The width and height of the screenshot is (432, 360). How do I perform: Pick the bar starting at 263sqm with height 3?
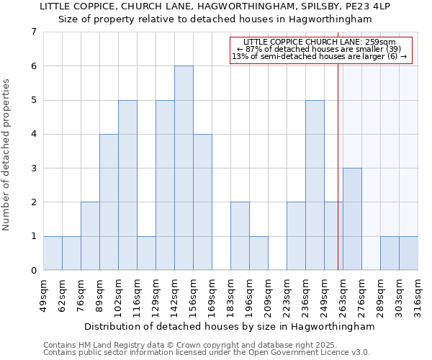pos(352,219)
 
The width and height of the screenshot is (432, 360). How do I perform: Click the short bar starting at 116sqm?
pos(146,253)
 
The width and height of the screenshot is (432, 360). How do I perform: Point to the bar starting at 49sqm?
pos(53,253)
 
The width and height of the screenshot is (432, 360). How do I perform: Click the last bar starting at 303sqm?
pos(408,253)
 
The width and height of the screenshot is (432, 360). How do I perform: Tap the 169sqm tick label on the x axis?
pos(212,292)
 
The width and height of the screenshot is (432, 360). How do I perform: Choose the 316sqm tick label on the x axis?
pos(418,292)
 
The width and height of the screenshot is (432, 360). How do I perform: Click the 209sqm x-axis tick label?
pos(268,292)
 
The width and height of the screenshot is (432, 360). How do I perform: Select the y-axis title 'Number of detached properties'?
pos(6,156)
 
